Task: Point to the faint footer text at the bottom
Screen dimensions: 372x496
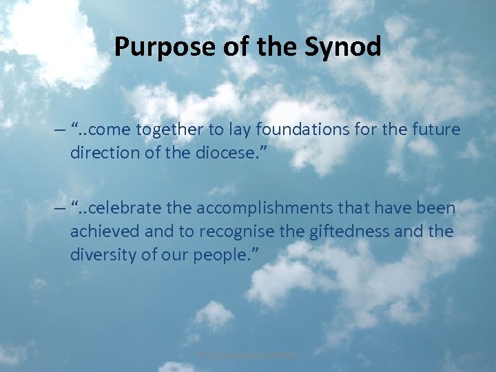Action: [247, 355]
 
